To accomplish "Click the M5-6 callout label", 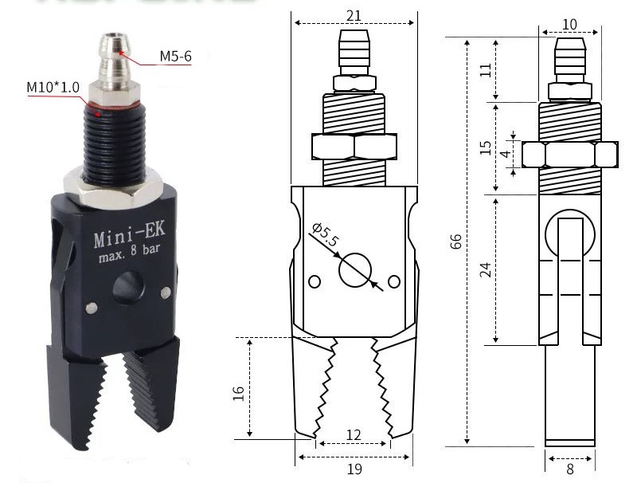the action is pos(175,56).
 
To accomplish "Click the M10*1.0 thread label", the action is pos(53,88).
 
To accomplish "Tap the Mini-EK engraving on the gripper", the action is pos(130,234).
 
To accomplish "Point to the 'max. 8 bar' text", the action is pos(130,254).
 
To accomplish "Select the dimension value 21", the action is pos(354,15).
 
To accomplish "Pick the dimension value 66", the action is pos(455,241).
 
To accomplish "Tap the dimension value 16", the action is pos(238,393).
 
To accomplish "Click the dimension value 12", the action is pos(353,435).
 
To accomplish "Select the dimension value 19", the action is pos(354,469).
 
